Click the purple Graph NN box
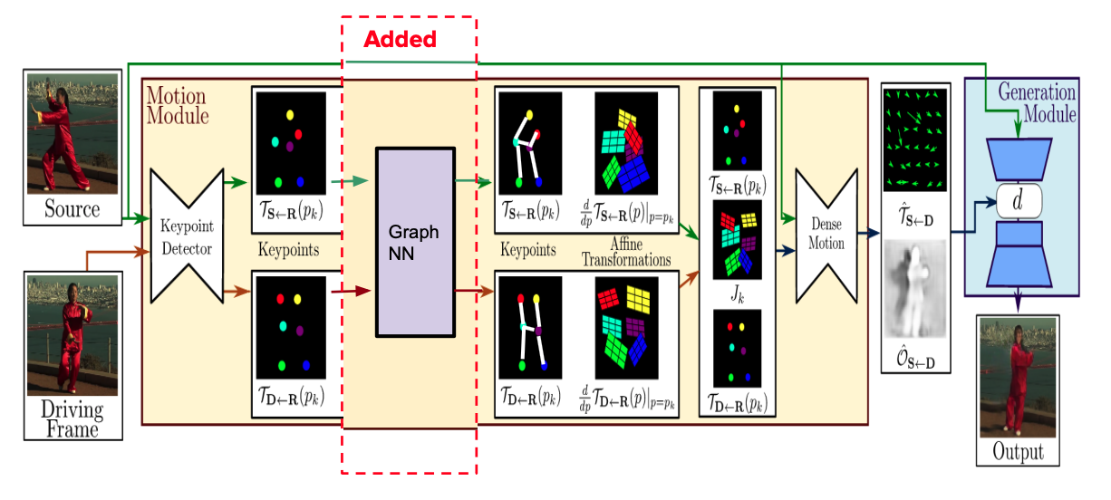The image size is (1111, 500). click(414, 242)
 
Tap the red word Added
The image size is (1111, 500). click(401, 40)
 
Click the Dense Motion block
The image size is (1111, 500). click(826, 235)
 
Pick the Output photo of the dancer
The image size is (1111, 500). click(1017, 380)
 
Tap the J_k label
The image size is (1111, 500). click(736, 293)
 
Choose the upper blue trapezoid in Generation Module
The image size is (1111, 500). click(1021, 159)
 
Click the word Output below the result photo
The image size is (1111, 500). click(1018, 451)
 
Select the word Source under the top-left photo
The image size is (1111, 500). click(72, 210)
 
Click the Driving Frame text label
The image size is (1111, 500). click(72, 418)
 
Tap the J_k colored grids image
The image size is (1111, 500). click(738, 240)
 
